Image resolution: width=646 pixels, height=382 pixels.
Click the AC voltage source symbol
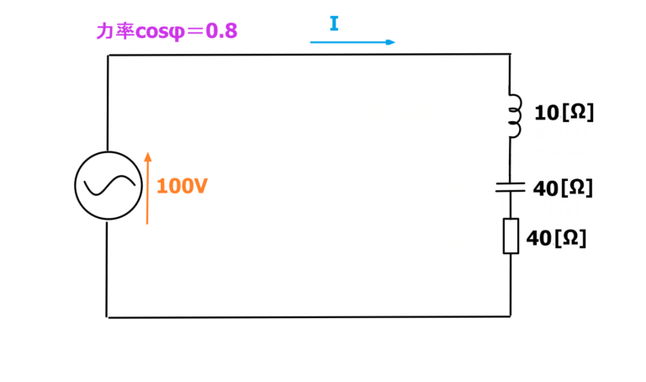tap(107, 186)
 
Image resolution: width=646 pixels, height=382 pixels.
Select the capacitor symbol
tap(511, 187)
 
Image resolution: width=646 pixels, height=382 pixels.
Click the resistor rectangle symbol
tap(511, 236)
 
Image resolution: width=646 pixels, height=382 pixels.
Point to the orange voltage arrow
tap(147, 188)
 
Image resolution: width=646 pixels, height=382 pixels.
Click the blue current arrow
tap(352, 41)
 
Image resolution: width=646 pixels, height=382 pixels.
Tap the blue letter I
tap(334, 24)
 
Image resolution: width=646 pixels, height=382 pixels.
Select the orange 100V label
tap(182, 187)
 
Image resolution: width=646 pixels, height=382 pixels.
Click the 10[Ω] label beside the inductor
tap(564, 113)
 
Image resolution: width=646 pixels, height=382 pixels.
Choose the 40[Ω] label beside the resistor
tap(556, 238)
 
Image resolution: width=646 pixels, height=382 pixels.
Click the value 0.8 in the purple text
tap(221, 32)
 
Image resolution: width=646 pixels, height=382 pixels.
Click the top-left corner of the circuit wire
tap(109, 56)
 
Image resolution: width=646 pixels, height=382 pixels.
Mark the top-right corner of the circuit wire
tap(511, 55)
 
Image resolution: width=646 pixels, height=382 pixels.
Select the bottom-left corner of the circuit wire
tap(108, 317)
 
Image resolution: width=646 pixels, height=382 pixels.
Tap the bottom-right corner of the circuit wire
tap(511, 316)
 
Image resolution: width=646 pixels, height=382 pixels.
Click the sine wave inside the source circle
tap(107, 186)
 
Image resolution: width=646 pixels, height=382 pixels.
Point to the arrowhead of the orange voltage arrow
tap(147, 157)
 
